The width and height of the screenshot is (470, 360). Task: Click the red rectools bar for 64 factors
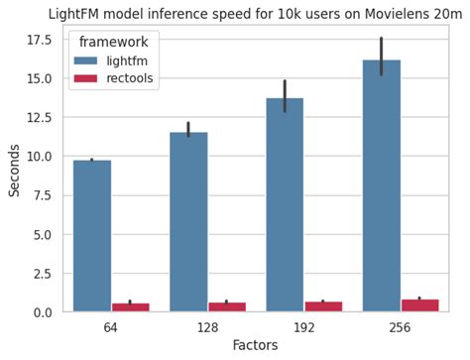pos(130,307)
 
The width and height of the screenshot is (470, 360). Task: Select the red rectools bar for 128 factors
pos(227,307)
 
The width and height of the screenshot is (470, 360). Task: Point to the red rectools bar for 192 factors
pos(323,306)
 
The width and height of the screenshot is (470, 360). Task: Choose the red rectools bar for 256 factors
pos(419,305)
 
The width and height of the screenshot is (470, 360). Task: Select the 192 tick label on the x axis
pos(304,327)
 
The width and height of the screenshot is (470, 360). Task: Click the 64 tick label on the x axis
pos(111,327)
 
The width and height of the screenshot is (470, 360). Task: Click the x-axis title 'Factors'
pos(255,345)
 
